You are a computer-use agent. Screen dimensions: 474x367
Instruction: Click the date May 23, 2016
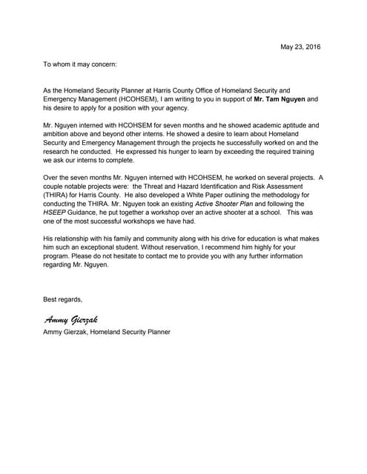point(301,47)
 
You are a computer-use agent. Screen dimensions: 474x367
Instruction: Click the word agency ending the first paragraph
point(176,107)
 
